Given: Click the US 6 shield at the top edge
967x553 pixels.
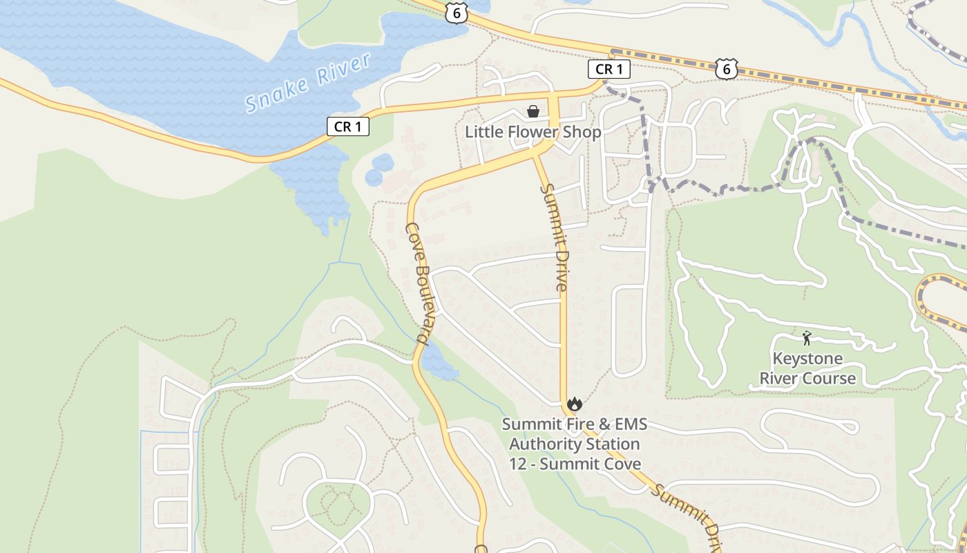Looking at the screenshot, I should [457, 12].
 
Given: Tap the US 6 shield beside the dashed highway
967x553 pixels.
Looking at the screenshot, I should [726, 68].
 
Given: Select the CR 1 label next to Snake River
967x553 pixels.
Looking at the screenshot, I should [347, 126].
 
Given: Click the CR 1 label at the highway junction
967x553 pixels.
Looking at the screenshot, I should [609, 69].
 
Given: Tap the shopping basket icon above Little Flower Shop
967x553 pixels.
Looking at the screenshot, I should [533, 111].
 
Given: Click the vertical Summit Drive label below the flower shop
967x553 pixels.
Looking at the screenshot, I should [555, 237].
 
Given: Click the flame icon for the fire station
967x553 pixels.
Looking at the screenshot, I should [574, 404].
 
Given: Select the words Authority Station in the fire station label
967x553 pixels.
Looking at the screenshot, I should [575, 444].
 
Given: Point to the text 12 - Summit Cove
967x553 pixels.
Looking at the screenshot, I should [575, 464].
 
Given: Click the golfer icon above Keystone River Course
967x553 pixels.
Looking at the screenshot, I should [807, 338].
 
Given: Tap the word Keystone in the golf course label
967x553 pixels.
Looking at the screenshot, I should [807, 359].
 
